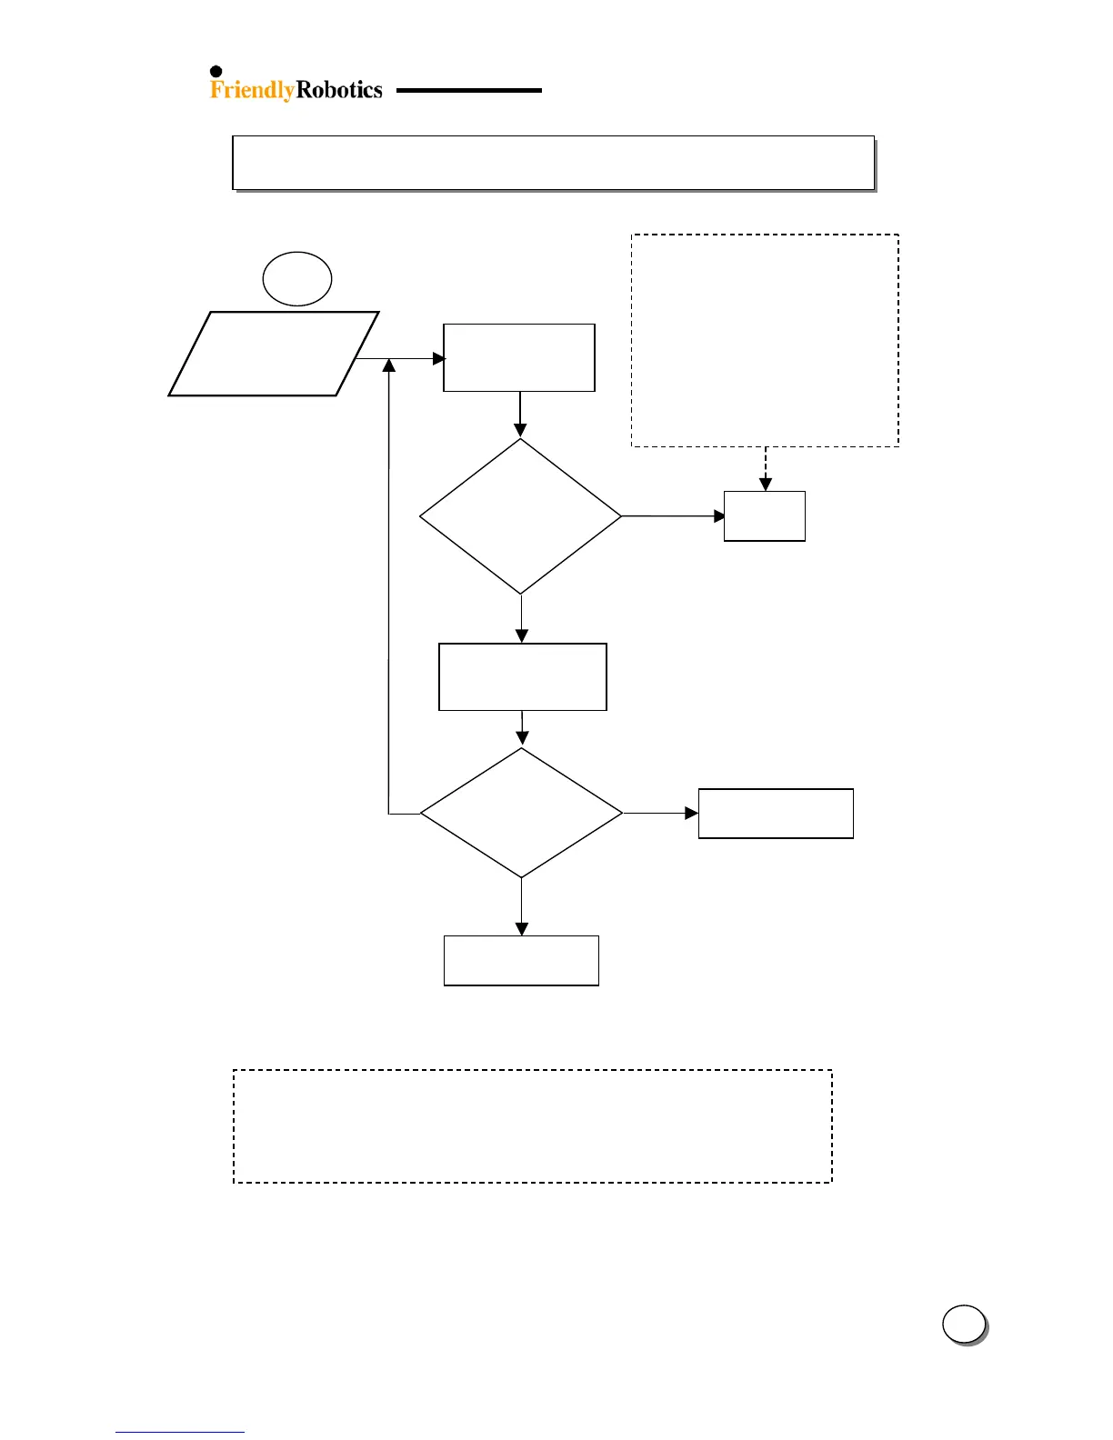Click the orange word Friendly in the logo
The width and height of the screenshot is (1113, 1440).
252,90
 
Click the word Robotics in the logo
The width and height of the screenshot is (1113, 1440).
339,90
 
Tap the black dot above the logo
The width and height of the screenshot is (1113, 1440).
216,72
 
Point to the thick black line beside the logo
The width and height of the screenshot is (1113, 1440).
468,91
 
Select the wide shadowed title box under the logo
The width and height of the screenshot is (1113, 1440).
553,163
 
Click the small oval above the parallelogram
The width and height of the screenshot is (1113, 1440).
296,279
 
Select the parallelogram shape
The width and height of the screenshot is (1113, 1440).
274,354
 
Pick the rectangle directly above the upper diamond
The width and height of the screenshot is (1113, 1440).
518,357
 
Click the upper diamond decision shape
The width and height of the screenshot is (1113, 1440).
520,516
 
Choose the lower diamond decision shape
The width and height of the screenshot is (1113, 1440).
521,813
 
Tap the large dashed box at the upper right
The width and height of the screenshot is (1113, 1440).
765,340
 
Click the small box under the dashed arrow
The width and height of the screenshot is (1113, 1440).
764,516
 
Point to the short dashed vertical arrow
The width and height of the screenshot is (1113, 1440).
766,468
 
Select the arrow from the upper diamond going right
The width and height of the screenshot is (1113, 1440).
673,516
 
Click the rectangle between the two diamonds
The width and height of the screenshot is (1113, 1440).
522,677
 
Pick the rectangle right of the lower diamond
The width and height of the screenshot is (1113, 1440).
776,814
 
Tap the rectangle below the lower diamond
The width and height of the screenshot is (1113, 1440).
521,961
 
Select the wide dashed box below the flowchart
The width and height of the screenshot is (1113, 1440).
533,1126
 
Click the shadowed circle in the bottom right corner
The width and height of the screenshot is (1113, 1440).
964,1325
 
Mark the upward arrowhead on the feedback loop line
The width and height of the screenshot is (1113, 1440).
389,365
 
